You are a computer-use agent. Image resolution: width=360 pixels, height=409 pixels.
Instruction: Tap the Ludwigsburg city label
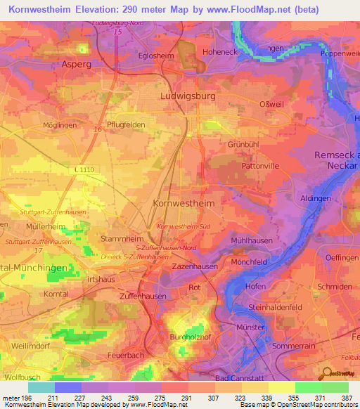187,95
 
